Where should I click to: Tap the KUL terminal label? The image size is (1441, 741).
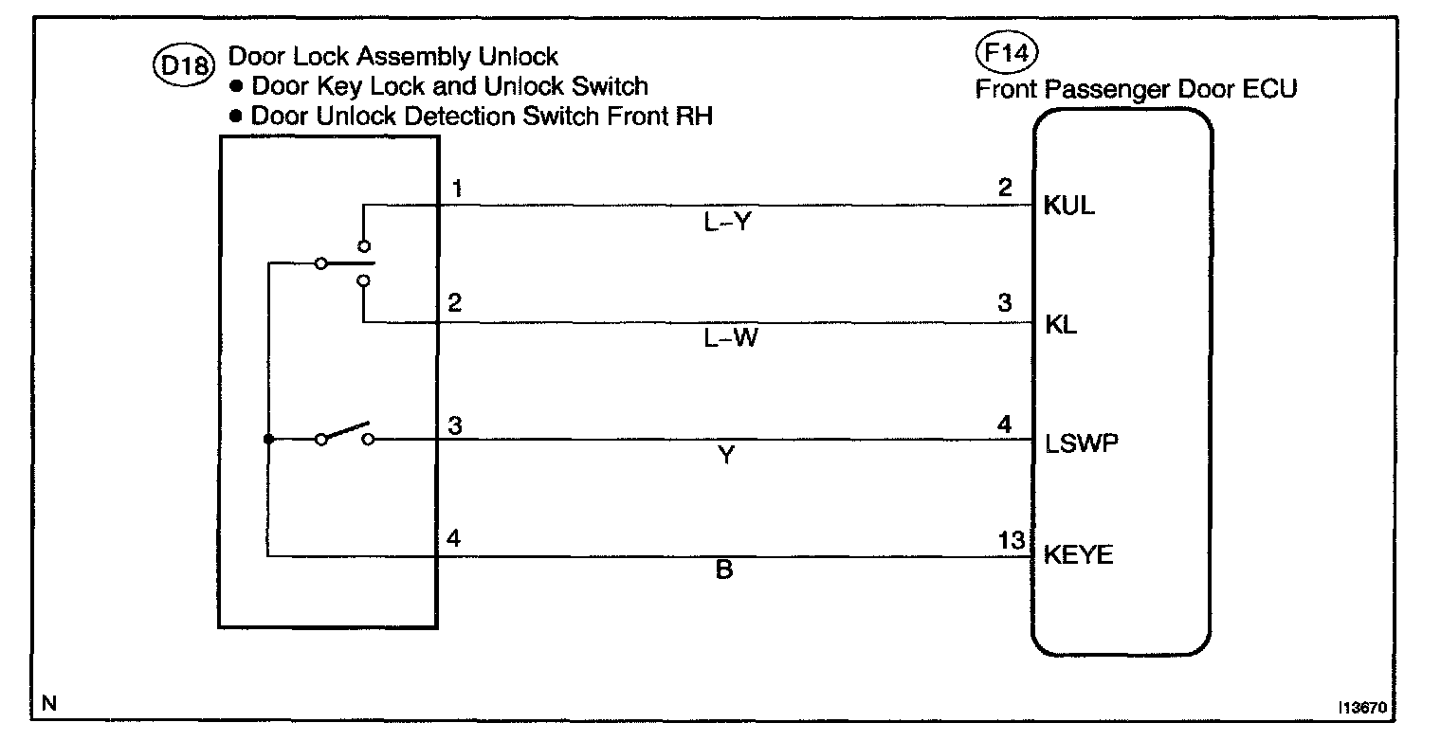[1068, 206]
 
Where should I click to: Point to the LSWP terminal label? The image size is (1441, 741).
[1082, 443]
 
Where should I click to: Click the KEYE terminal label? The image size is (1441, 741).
[1078, 555]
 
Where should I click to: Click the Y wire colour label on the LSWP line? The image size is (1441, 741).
[726, 457]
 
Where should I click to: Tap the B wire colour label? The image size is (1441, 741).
[723, 571]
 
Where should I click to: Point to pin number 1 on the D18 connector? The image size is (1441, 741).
[456, 190]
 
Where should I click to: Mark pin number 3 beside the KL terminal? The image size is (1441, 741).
[1005, 305]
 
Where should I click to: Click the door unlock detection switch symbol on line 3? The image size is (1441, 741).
[344, 435]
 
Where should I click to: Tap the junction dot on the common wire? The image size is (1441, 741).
[268, 440]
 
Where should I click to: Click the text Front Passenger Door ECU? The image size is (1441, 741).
[1136, 89]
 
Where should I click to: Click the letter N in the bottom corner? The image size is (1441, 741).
[49, 704]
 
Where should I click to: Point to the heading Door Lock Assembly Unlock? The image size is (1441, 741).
[393, 57]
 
